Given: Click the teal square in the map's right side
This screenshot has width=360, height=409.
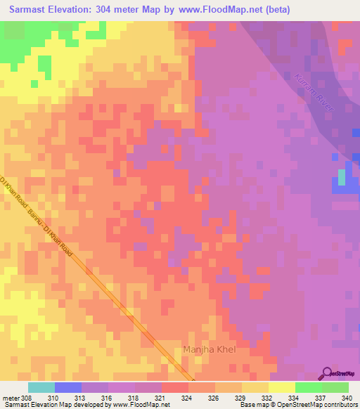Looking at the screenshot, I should click(342, 177).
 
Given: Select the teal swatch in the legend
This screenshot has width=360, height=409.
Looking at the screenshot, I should click(41, 387).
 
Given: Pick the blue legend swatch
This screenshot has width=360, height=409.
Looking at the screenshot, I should click(68, 387).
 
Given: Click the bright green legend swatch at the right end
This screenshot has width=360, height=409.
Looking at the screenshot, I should click(335, 387).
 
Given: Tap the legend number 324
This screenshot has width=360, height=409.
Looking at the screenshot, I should click(186, 397).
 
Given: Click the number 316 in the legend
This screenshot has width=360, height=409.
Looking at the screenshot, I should click(108, 397).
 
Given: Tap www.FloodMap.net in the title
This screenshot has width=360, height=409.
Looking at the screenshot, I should click(218, 10).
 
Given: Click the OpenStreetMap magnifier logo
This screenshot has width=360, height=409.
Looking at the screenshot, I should click(327, 373).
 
